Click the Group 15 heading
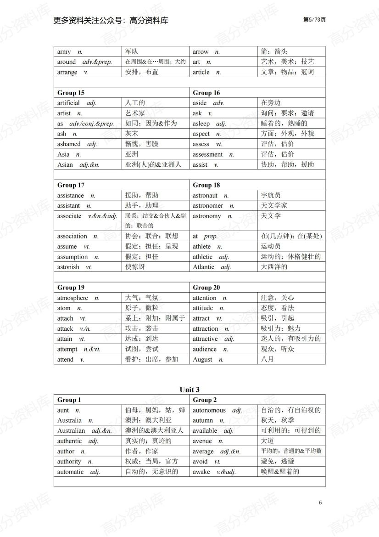(x=71, y=93)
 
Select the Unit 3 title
(x=189, y=390)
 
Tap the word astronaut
(x=205, y=196)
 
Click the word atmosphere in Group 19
(x=72, y=298)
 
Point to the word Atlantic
(x=203, y=267)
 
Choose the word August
(x=202, y=360)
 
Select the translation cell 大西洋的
(x=274, y=266)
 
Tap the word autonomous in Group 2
(x=209, y=410)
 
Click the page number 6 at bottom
(x=320, y=502)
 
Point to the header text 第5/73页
(x=315, y=20)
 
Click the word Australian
(x=71, y=431)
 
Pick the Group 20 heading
(x=206, y=288)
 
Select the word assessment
(x=207, y=154)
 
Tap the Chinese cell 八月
(x=267, y=359)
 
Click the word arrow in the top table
(x=201, y=52)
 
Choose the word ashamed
(x=69, y=144)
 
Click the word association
(x=72, y=236)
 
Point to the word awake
(x=201, y=472)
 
